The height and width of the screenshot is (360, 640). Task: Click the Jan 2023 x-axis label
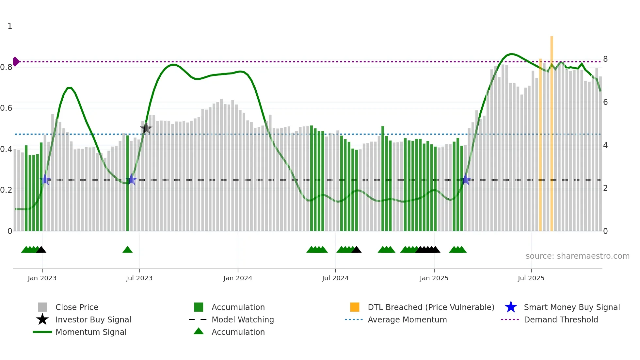click(x=42, y=278)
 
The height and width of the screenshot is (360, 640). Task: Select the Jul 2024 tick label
click(x=335, y=278)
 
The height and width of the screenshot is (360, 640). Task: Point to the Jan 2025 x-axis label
click(x=434, y=278)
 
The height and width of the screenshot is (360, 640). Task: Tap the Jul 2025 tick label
click(x=531, y=278)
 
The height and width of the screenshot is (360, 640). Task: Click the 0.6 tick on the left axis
click(x=6, y=108)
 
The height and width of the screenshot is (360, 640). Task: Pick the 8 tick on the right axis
click(x=605, y=59)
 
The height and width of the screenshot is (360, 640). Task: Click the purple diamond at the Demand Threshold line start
click(x=16, y=61)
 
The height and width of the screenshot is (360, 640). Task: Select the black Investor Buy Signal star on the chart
click(x=146, y=128)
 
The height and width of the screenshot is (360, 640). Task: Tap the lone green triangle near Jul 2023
click(x=127, y=250)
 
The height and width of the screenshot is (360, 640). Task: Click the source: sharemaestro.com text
click(x=577, y=256)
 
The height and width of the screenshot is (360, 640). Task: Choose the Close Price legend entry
click(x=77, y=307)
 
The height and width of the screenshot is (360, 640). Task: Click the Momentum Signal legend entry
click(x=91, y=332)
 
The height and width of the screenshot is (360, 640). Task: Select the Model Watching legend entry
click(x=243, y=319)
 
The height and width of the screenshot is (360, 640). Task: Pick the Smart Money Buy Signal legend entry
click(x=572, y=307)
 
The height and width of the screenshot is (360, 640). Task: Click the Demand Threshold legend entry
click(x=561, y=319)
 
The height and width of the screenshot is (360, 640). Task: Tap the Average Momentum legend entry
click(x=407, y=319)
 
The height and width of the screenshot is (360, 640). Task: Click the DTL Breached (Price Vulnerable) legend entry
click(x=431, y=307)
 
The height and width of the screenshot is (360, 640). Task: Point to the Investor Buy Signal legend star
click(x=42, y=319)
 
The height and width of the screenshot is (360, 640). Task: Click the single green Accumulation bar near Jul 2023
click(x=128, y=183)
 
